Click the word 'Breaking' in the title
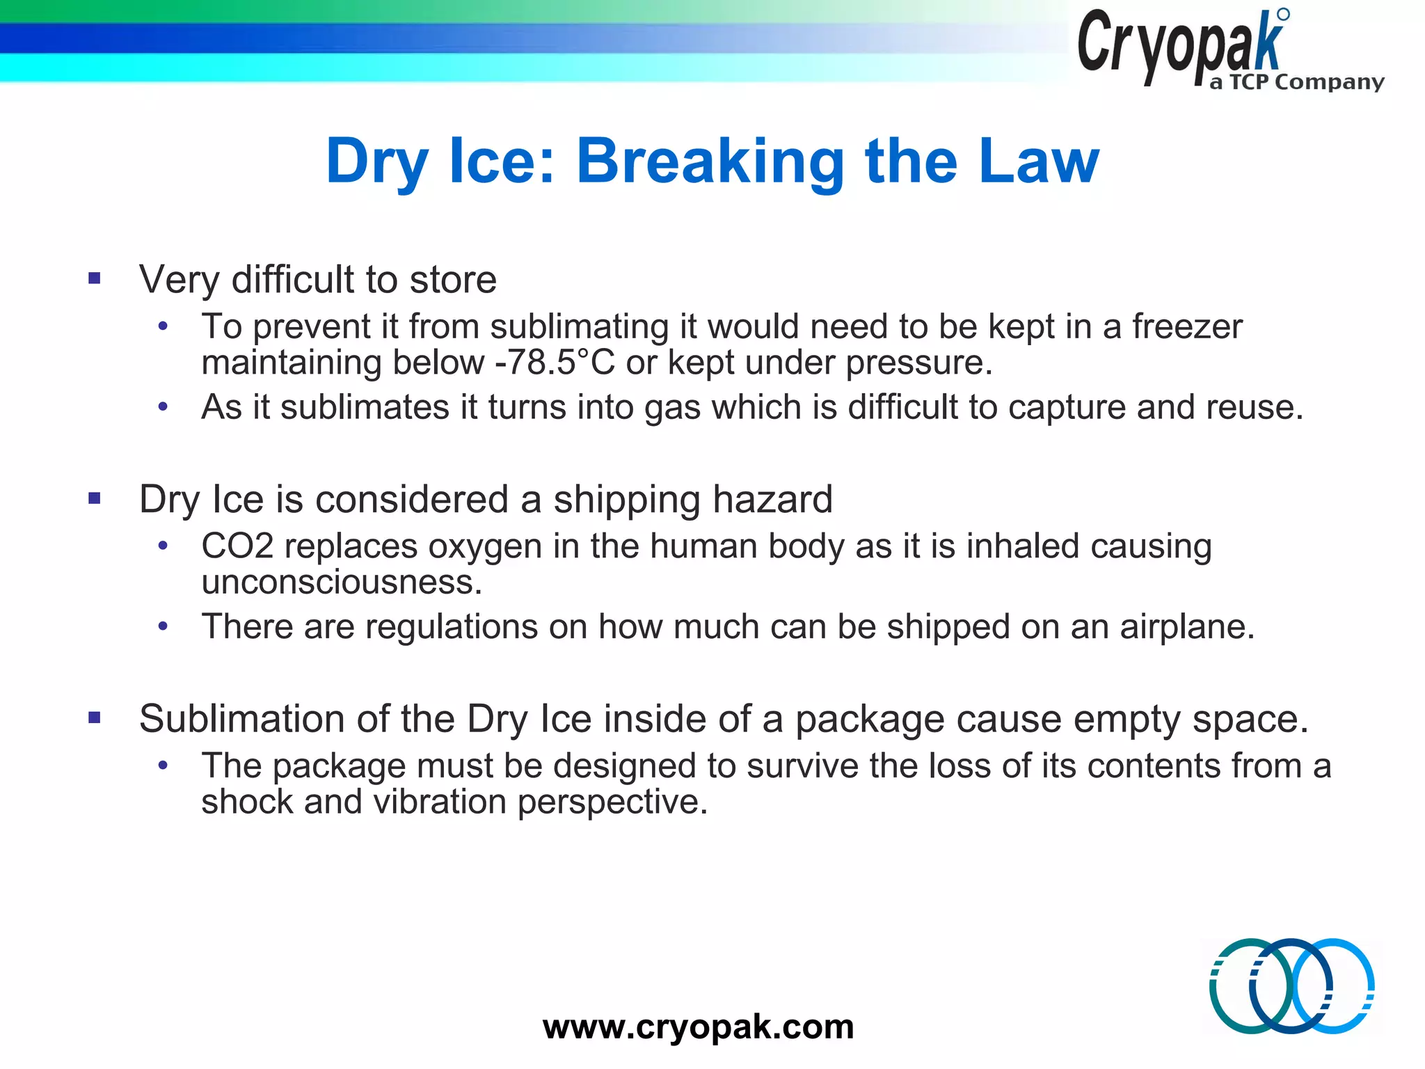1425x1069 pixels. coord(710,161)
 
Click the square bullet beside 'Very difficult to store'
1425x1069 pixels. coord(95,279)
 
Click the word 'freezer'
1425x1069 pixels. coord(1187,326)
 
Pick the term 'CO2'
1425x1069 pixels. coord(237,546)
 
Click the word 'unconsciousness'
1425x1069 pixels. coord(341,582)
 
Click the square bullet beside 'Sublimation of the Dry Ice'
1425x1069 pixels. coord(95,718)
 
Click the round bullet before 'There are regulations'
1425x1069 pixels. coord(163,626)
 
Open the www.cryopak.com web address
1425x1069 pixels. coord(698,1027)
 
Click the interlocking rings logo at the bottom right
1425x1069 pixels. coord(1291,985)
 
